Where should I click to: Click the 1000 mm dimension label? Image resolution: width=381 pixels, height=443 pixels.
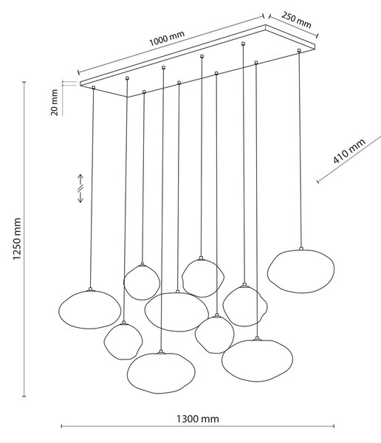click(167, 38)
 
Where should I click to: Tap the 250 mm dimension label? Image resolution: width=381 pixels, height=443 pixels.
click(296, 21)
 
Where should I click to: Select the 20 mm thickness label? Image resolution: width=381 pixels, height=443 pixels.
click(54, 103)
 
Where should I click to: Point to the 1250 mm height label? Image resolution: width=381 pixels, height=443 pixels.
click(17, 238)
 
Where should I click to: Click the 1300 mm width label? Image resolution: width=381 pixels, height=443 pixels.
click(198, 419)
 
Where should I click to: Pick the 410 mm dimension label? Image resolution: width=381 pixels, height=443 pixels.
click(349, 151)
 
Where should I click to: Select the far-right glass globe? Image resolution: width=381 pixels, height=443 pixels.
click(301, 271)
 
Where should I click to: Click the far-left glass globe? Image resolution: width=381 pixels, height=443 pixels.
click(89, 309)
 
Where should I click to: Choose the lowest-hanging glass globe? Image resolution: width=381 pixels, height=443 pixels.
click(161, 373)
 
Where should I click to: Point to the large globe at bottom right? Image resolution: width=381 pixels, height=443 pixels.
click(257, 360)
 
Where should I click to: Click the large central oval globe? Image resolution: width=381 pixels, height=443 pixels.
click(176, 312)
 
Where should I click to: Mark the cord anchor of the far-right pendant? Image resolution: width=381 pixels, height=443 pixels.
click(299, 50)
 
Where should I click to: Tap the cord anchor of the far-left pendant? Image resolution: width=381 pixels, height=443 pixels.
click(94, 88)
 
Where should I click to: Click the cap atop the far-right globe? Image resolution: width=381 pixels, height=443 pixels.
click(301, 249)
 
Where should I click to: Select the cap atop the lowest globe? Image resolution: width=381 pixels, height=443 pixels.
click(161, 351)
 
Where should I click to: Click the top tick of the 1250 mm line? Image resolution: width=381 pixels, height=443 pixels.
click(24, 82)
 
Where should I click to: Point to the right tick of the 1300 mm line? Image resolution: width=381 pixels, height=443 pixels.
click(334, 426)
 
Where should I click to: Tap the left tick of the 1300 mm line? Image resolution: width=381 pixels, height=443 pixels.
click(61, 426)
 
